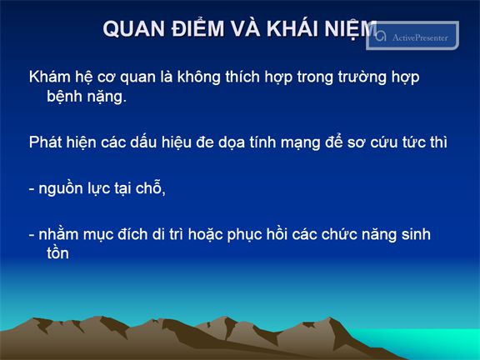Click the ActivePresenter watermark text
pyautogui.click(x=420, y=37)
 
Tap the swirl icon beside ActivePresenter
pyautogui.click(x=381, y=36)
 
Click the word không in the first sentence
pyautogui.click(x=198, y=77)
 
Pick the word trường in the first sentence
pyautogui.click(x=362, y=77)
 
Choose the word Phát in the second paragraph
pyautogui.click(x=45, y=142)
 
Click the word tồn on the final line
pyautogui.click(x=57, y=252)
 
